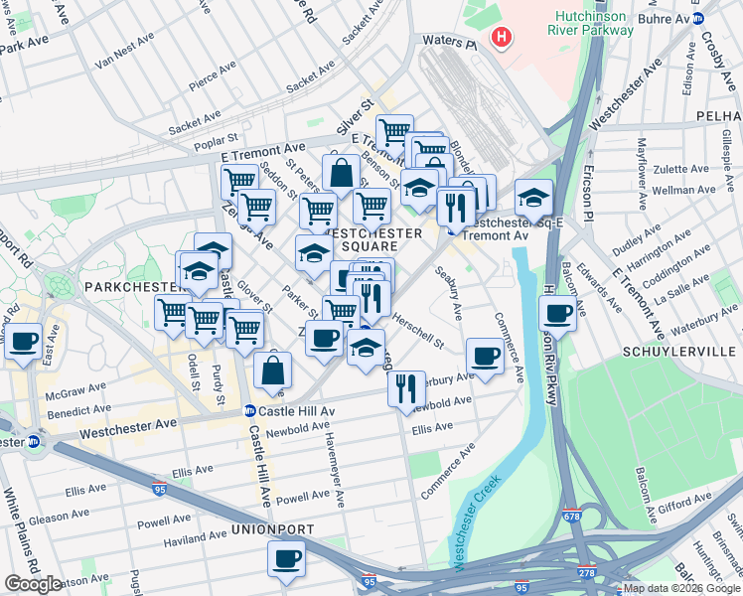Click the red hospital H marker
coord(503,40)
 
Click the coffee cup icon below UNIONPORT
coord(287,558)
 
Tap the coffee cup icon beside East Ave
coord(24,343)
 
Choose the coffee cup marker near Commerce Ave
coord(485,356)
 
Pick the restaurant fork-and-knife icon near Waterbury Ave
coord(406,388)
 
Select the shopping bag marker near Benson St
coord(341,172)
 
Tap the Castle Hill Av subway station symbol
coord(249,411)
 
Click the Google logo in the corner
coord(33,584)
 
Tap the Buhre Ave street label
coord(667,17)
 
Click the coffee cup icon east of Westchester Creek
coord(557,315)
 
